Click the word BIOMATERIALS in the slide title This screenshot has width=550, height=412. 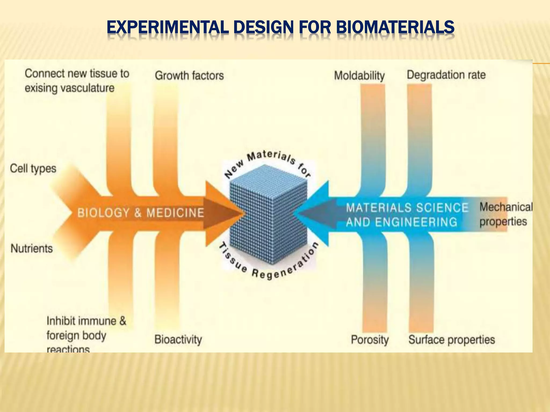tap(395, 27)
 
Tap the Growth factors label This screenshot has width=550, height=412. tap(189, 76)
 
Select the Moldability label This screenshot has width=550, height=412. tap(359, 76)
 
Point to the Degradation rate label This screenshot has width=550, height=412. tap(446, 75)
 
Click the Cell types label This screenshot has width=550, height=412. tap(33, 169)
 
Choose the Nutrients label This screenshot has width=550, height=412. tap(32, 248)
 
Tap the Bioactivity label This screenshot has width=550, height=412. tap(178, 340)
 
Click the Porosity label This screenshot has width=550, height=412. tap(370, 340)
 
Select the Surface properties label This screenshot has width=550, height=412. tap(451, 340)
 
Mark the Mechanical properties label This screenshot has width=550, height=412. tap(505, 214)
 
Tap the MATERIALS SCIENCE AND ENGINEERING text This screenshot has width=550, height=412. tap(407, 215)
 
